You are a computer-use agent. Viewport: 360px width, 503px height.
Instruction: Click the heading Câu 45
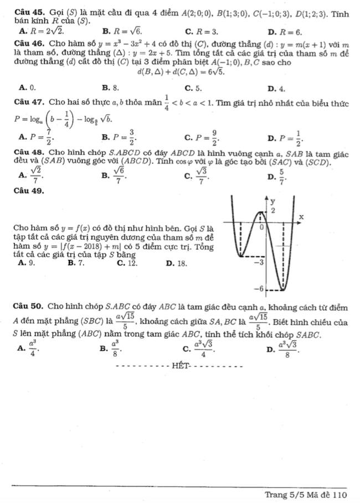click(25, 10)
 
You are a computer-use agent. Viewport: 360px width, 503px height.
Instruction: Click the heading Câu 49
click(25, 191)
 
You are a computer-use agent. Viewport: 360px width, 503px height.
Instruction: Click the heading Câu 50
click(25, 306)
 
